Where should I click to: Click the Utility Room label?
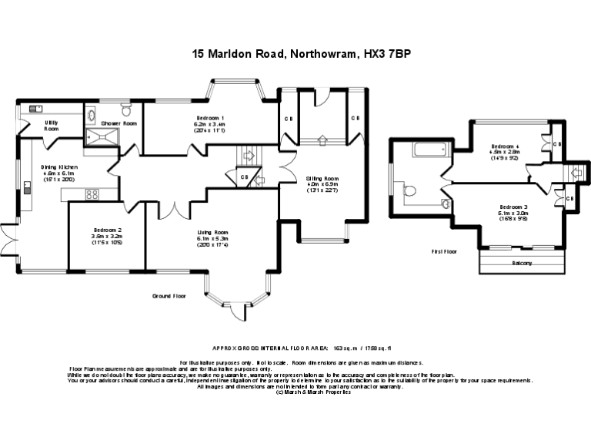pos(52,126)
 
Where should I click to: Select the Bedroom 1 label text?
pos(209,118)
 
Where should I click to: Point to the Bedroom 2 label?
pos(108,230)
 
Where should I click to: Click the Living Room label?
pos(212,232)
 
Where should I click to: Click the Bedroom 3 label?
pos(513,207)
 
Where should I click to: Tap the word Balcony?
pos(523,262)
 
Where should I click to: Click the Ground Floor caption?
pos(169,295)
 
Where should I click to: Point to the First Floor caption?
pos(444,251)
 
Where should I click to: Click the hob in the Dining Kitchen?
pos(91,193)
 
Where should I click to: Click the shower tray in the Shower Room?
pos(102,137)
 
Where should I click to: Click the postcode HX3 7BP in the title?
pos(387,55)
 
